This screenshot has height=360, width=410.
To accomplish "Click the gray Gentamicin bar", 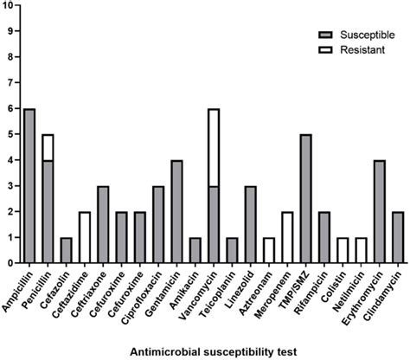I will pos(177,211).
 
